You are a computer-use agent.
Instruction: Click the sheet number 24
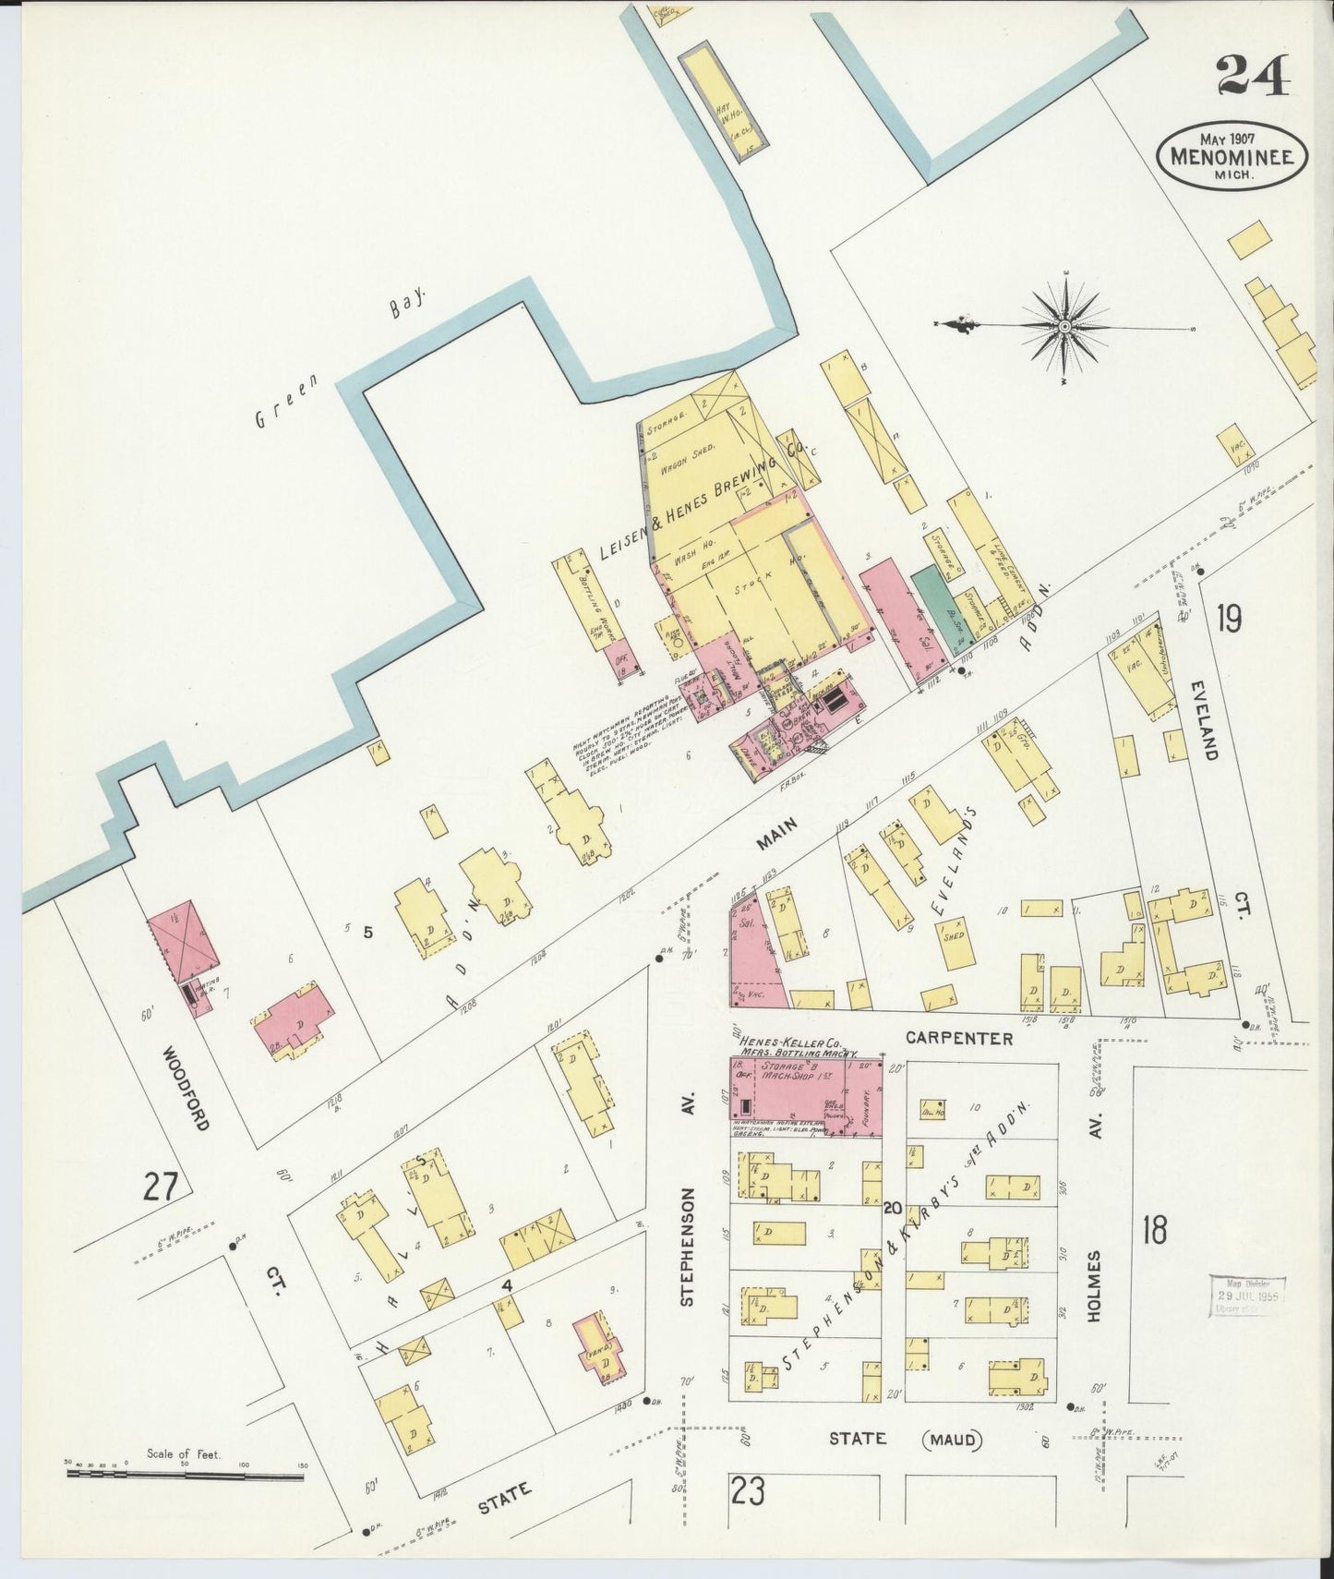click(1253, 76)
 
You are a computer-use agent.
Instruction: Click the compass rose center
click(1064, 326)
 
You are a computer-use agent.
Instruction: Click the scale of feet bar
click(185, 1476)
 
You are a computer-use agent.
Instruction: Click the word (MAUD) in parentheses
click(951, 1439)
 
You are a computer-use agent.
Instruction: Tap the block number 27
click(159, 1186)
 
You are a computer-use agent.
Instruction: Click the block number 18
click(1154, 1229)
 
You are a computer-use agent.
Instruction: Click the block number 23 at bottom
click(747, 1490)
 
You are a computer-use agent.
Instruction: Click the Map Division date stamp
click(1248, 1299)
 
